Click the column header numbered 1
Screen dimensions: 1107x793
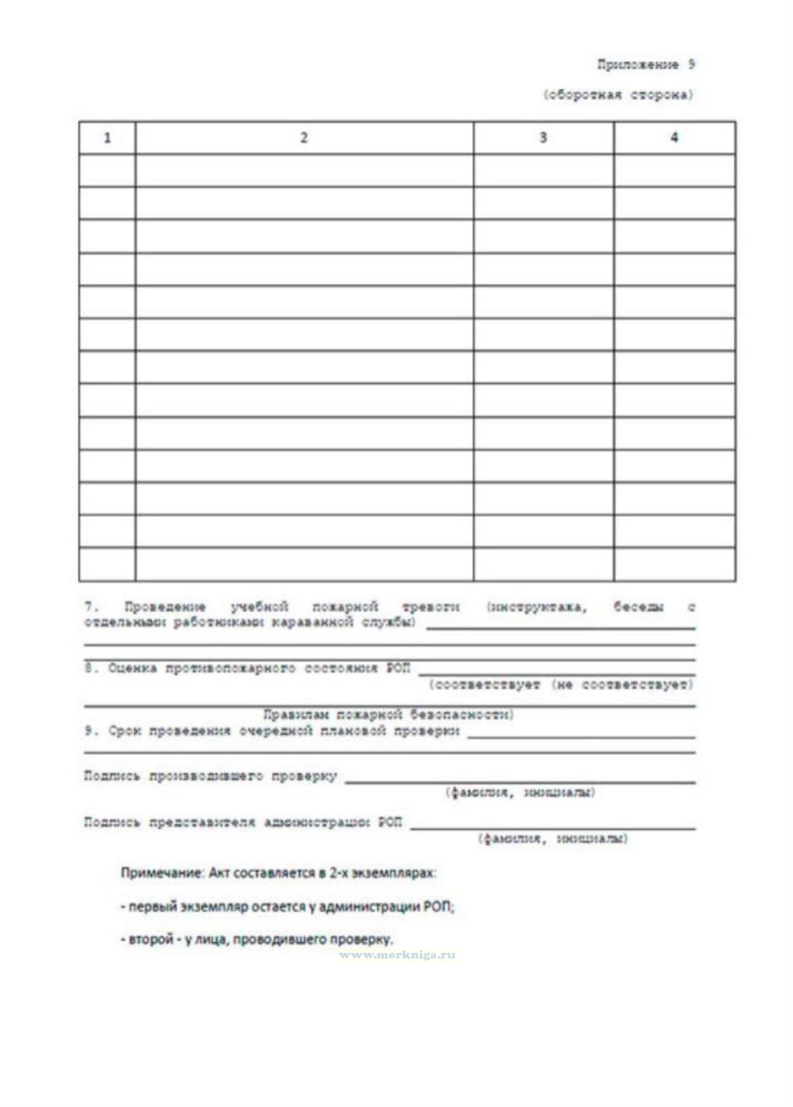[107, 138]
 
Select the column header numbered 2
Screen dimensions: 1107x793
[304, 138]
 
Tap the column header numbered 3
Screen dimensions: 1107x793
[543, 138]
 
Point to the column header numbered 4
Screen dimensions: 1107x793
[674, 138]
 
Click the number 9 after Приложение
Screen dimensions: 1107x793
[691, 65]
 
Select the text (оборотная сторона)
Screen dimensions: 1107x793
[619, 95]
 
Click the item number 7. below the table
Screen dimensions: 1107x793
[91, 607]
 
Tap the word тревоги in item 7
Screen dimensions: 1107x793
[431, 607]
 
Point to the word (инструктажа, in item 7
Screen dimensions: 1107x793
[537, 607]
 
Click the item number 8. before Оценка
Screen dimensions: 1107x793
[91, 668]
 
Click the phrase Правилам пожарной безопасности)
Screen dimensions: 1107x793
[388, 715]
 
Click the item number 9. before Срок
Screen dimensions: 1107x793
[91, 731]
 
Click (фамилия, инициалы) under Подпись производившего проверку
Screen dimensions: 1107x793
[520, 792]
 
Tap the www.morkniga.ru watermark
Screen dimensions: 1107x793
[397, 955]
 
